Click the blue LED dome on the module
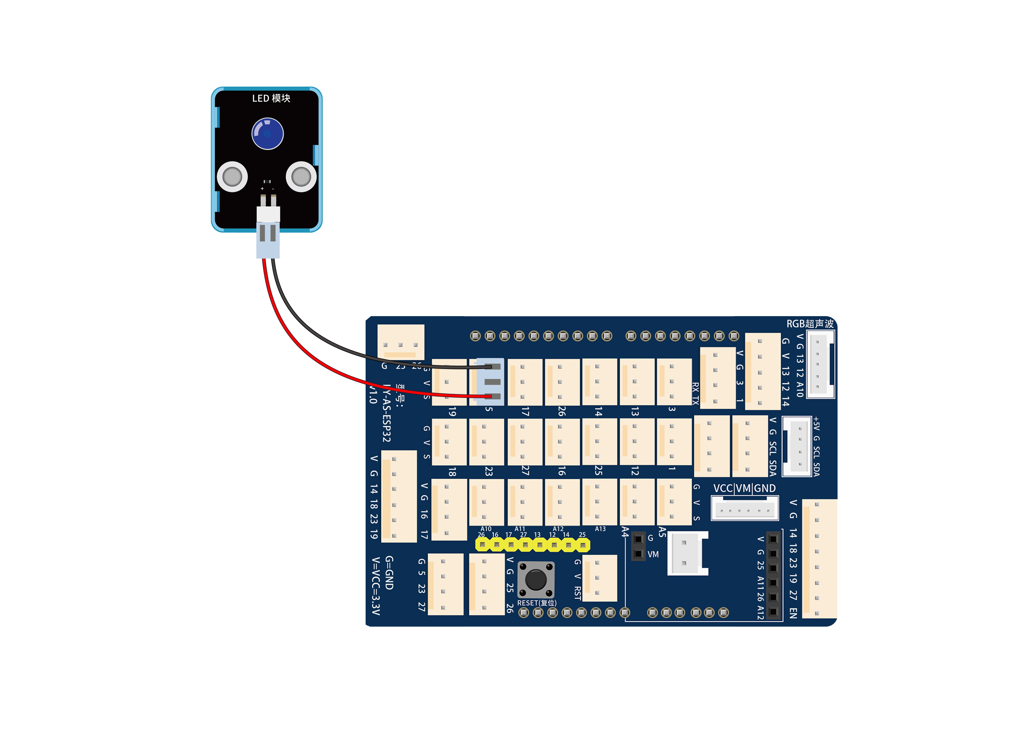[267, 133]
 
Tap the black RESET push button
[536, 580]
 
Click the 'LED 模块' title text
[271, 98]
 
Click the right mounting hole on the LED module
[301, 177]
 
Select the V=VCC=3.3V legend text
[375, 586]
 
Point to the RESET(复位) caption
[537, 603]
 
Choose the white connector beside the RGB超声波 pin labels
[820, 364]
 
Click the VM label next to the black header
[653, 554]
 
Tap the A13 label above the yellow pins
[600, 529]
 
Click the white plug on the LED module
[268, 214]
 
